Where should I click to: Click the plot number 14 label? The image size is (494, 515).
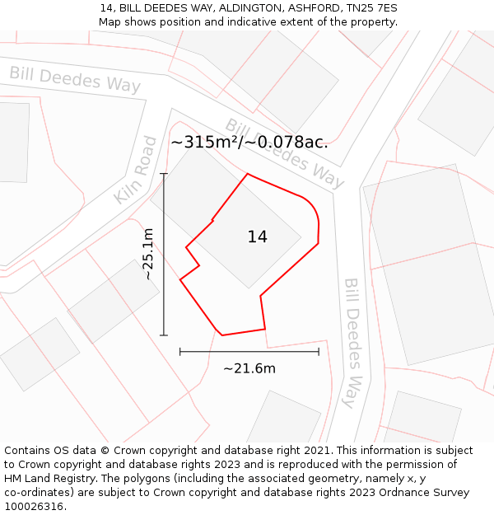point(257,237)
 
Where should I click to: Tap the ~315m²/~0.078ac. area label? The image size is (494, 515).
point(249,142)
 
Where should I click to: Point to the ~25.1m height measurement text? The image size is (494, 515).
point(148,254)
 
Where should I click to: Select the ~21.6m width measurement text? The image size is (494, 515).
point(249,368)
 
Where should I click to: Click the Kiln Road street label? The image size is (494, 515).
point(136,171)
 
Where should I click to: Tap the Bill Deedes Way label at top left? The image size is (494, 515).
point(75,78)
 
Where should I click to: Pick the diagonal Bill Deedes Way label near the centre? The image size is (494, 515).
point(285,153)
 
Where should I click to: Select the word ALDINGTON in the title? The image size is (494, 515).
point(249,8)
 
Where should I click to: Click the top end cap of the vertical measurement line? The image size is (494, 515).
point(164,174)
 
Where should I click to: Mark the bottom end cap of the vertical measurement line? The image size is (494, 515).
point(164,335)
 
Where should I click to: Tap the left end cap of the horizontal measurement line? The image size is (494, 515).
point(180,352)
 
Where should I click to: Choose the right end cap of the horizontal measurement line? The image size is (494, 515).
point(319,352)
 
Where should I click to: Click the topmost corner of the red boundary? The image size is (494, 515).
point(248,174)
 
